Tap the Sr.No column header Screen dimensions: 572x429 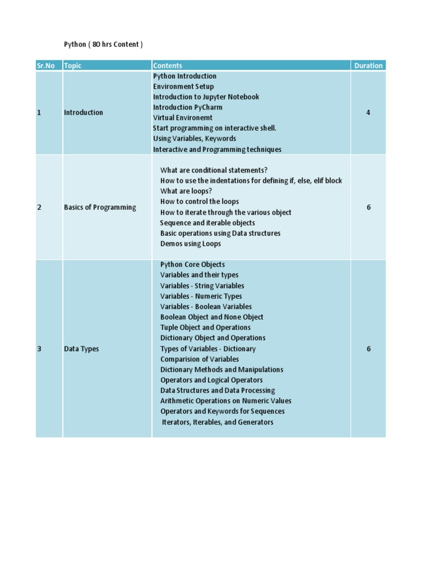pos(46,66)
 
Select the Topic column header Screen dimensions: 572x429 pos(73,66)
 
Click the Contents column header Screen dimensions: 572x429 pos(168,66)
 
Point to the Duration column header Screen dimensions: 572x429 pos(368,66)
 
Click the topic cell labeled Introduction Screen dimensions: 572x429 pos(83,112)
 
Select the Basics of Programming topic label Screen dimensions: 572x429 pos(100,207)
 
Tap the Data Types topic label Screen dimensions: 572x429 pos(82,349)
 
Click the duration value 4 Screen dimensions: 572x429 pos(368,112)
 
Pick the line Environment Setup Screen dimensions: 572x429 pos(183,87)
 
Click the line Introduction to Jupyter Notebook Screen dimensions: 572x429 pos(206,97)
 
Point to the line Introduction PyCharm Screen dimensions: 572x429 pos(188,107)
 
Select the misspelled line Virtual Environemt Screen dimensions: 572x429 pos(183,118)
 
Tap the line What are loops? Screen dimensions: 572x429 pos(186,191)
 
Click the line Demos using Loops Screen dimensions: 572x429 pos(190,244)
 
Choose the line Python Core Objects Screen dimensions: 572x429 pos(193,264)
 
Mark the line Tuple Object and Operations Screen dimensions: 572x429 pos(206,327)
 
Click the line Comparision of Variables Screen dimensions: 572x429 pos(199,359)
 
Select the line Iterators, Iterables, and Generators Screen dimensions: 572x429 pos(217,422)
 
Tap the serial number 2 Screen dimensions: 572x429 pos(39,207)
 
